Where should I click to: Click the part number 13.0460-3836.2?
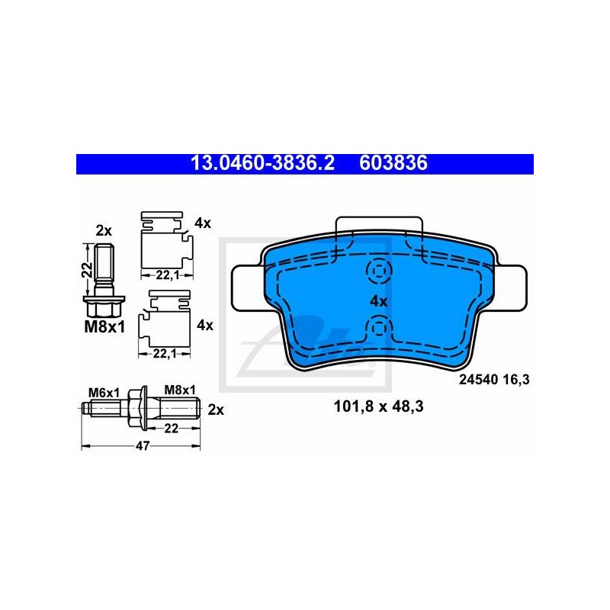[262, 163]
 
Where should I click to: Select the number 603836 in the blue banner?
[393, 163]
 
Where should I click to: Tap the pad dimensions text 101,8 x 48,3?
[378, 406]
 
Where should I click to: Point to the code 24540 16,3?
[494, 379]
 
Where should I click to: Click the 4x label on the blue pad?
[378, 301]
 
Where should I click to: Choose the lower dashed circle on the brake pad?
[378, 329]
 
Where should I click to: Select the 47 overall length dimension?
[143, 446]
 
